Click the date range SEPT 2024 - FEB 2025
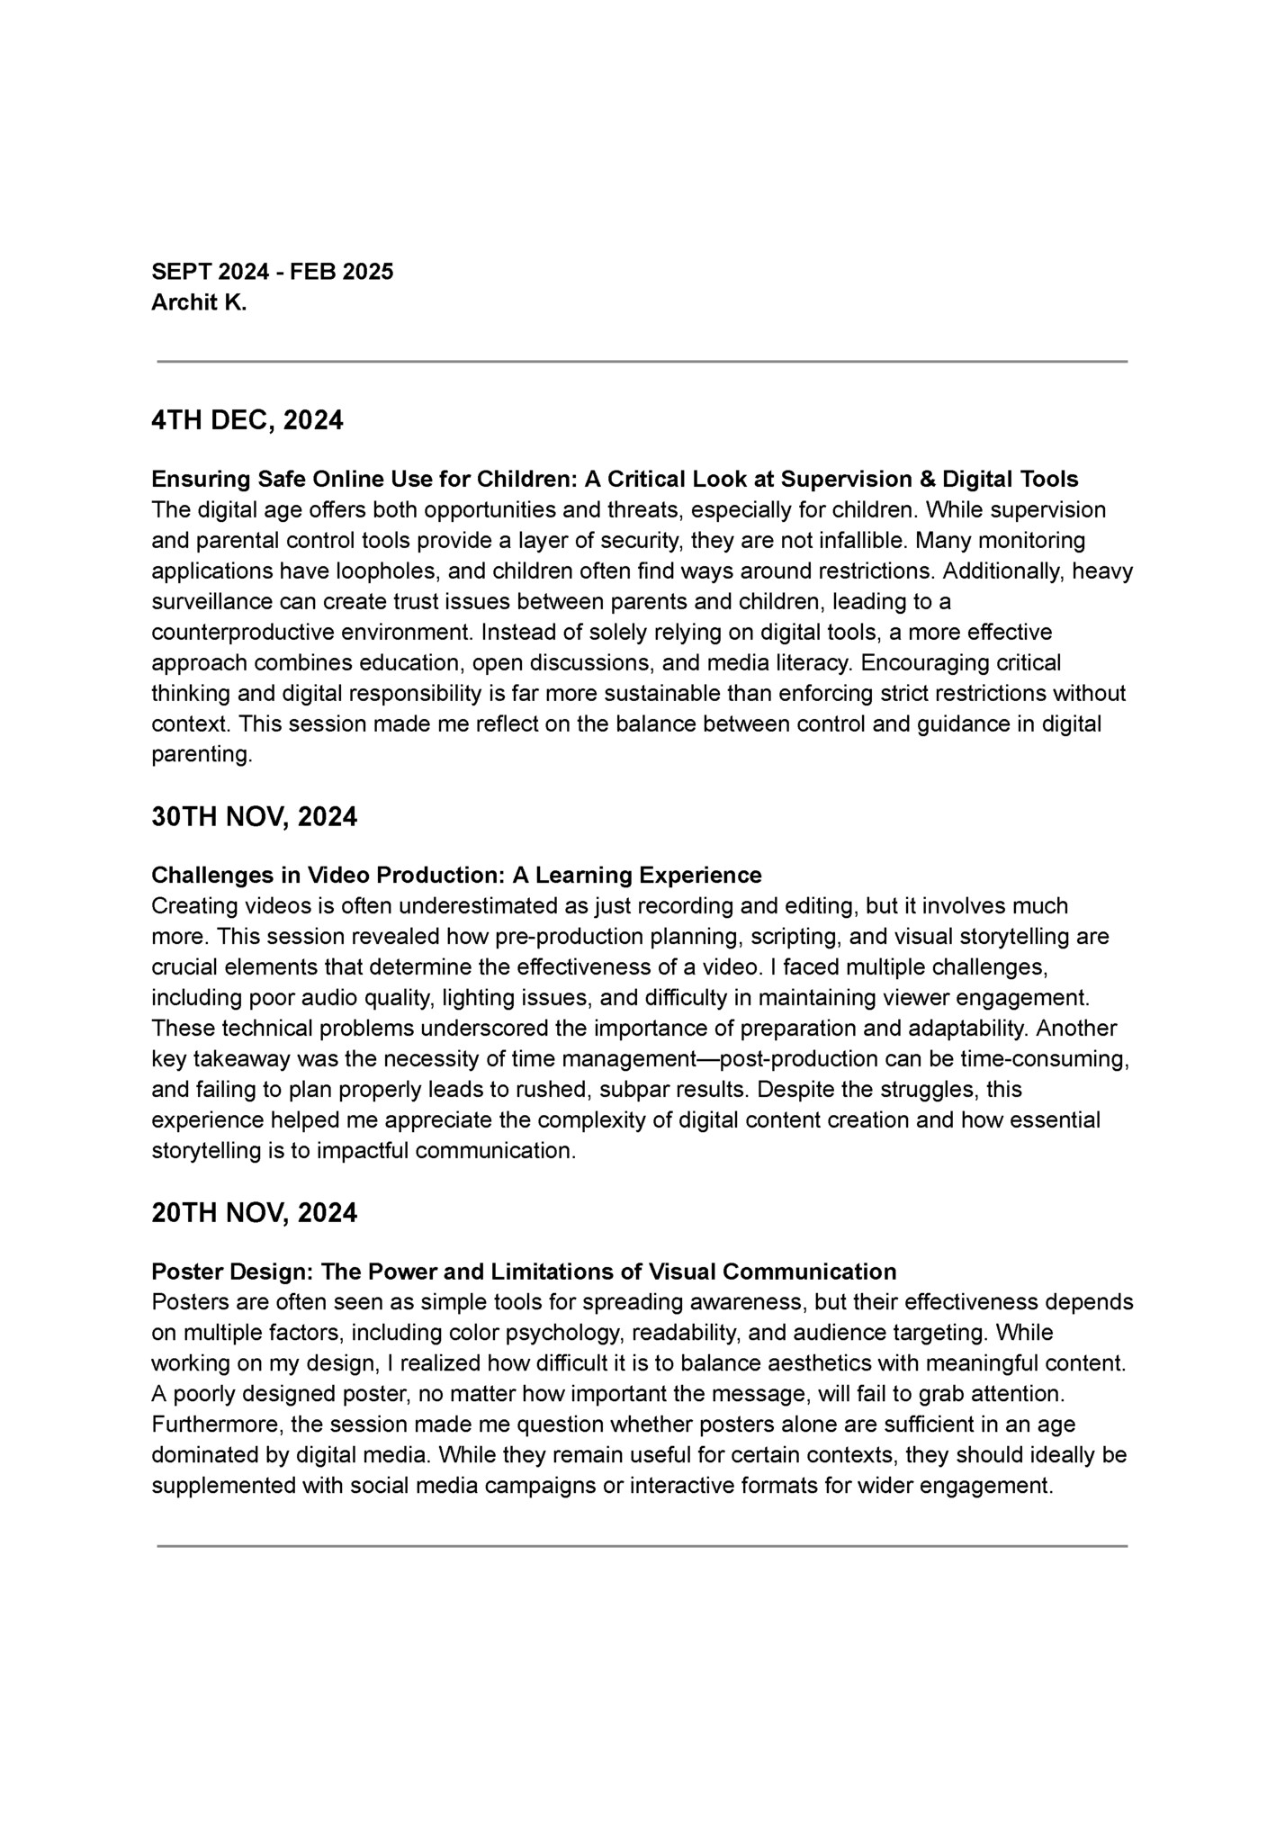(272, 272)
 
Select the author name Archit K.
(198, 303)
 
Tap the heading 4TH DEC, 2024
(247, 420)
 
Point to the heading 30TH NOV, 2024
(254, 817)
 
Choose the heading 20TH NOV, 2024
(254, 1214)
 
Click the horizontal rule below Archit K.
(642, 362)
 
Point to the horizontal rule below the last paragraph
(642, 1546)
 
